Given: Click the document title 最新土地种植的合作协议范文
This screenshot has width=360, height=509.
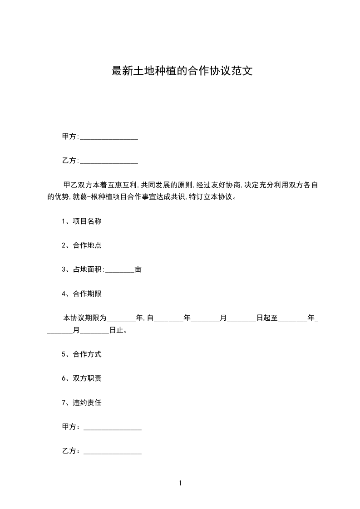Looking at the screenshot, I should click(182, 71).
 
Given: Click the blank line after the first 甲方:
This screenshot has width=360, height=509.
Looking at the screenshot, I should click(109, 137).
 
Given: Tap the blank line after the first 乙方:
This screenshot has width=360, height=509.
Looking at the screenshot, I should click(109, 161).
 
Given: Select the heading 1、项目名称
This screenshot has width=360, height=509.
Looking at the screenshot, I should click(82, 221).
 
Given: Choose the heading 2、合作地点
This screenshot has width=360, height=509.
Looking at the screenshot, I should click(82, 245).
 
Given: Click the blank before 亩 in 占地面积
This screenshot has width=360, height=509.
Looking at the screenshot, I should click(120, 269).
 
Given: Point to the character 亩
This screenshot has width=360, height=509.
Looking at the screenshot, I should click(138, 269).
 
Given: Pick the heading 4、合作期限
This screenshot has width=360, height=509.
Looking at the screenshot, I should click(82, 294).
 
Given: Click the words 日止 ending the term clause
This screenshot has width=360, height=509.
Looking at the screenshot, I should click(116, 330).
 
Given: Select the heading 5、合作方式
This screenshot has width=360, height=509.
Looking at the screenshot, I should click(82, 354).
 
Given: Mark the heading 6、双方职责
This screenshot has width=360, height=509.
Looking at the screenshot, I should click(82, 378).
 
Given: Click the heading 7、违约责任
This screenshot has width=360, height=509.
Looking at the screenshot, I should click(82, 402).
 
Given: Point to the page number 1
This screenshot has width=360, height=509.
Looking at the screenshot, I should click(180, 483).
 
